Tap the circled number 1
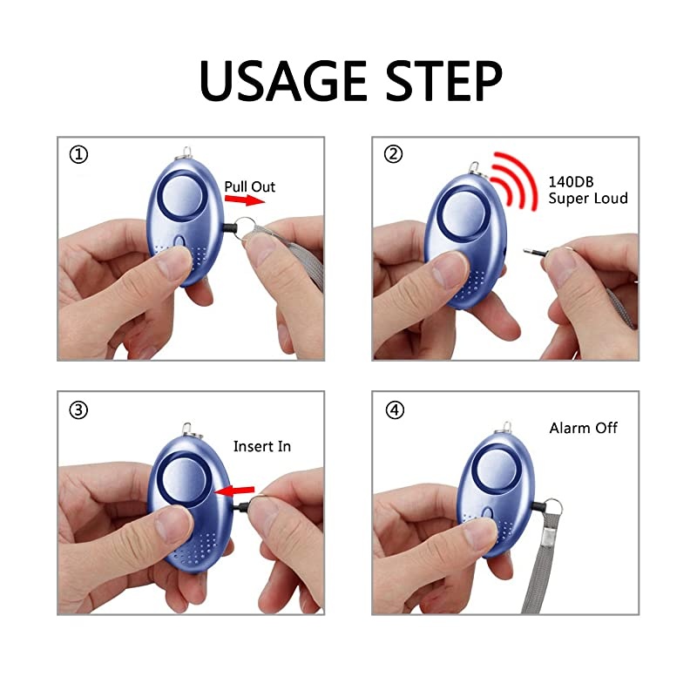(79, 155)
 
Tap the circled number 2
(394, 154)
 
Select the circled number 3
(79, 409)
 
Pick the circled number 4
(395, 409)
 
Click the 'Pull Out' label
(250, 186)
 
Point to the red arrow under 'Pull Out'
(244, 200)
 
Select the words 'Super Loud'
(587, 199)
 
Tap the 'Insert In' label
(261, 446)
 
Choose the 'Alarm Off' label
(583, 428)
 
